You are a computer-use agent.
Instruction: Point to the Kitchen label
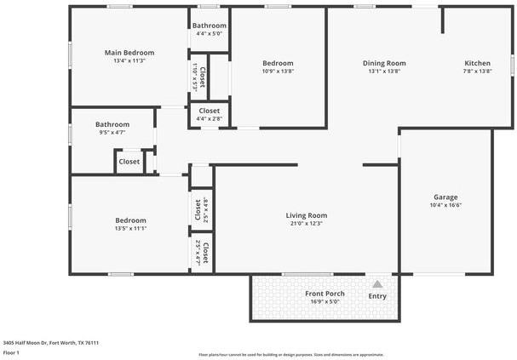click(x=477, y=63)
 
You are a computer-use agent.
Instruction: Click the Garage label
click(x=445, y=197)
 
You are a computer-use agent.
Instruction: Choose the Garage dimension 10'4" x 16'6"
click(x=445, y=206)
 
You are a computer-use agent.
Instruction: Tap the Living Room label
click(x=307, y=215)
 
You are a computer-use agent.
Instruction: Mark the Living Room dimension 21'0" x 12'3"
click(x=307, y=224)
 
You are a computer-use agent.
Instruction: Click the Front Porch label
click(x=325, y=294)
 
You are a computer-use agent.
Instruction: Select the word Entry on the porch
click(x=377, y=296)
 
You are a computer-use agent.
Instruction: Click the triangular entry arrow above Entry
click(x=377, y=284)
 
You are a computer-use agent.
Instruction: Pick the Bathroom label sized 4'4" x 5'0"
click(x=209, y=26)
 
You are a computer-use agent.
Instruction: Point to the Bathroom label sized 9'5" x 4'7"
click(x=112, y=124)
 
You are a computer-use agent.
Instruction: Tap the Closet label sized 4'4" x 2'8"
click(x=210, y=111)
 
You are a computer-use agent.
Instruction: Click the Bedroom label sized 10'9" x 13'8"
click(x=278, y=63)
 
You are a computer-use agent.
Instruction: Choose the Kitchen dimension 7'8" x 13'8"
click(x=477, y=71)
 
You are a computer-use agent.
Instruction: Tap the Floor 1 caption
click(x=11, y=351)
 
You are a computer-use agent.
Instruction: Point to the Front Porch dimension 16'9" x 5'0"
click(x=325, y=301)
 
